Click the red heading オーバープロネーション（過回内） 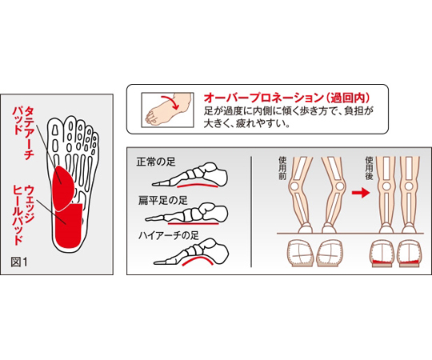[286, 98]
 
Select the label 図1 [19, 262]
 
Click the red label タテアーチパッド [23, 133]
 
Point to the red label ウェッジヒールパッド [23, 215]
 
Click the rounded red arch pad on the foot [63, 187]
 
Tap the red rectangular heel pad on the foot [69, 226]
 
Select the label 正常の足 [156, 162]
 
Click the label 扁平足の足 [162, 201]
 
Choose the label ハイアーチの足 [168, 235]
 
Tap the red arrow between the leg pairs [360, 192]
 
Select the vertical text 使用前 [282, 168]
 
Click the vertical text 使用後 [369, 168]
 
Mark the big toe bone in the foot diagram [55, 130]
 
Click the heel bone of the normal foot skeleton [218, 174]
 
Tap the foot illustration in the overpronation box [167, 110]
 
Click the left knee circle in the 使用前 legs [294, 186]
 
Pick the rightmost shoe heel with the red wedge [409, 254]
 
